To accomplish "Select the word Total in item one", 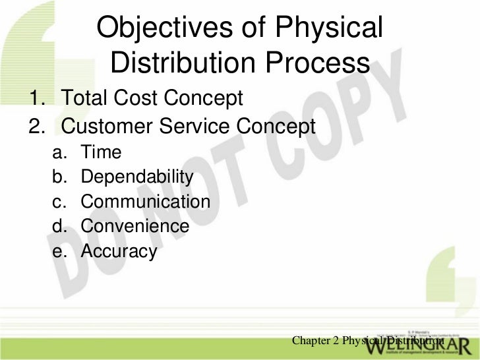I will [x=85, y=99].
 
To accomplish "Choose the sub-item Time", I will [x=101, y=152].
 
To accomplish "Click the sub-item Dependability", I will [x=137, y=177].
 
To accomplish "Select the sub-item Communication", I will [x=146, y=202].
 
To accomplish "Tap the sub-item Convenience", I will [x=135, y=226].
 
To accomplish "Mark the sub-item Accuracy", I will [x=119, y=251].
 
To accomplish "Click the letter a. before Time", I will [x=59, y=152].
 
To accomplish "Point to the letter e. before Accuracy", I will [x=59, y=251].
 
